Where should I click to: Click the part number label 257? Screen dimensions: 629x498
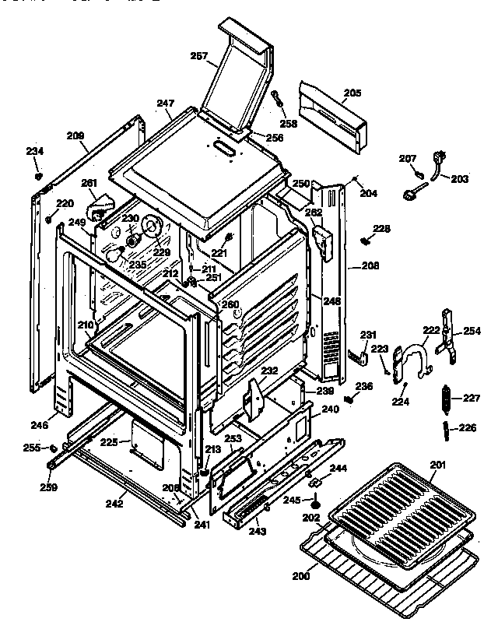(x=199, y=55)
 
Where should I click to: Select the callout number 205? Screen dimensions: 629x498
(x=352, y=93)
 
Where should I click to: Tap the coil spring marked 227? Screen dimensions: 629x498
(x=446, y=399)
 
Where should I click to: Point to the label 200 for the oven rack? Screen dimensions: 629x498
(x=301, y=576)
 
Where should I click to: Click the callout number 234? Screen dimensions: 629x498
(x=36, y=151)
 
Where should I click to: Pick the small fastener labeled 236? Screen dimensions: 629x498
(x=349, y=399)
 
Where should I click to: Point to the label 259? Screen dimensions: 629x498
(x=48, y=487)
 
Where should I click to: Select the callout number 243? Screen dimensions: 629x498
(x=258, y=532)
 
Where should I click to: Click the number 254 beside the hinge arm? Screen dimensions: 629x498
(x=472, y=331)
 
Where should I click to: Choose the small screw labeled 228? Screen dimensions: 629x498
(x=364, y=240)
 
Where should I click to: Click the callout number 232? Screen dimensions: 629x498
(x=268, y=371)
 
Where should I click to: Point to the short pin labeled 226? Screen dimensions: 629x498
(x=445, y=427)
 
